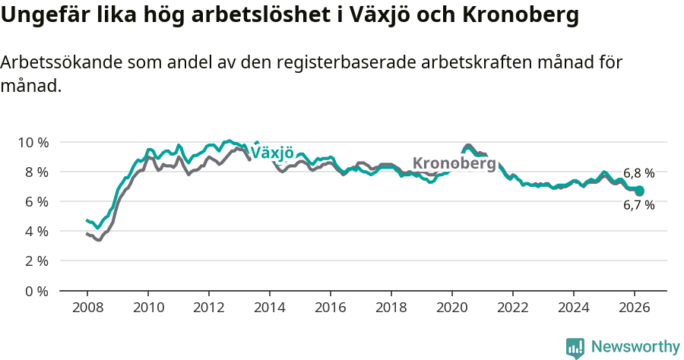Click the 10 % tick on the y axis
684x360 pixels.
(x=33, y=142)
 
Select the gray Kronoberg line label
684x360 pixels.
(x=454, y=163)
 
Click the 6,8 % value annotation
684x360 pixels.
(x=638, y=173)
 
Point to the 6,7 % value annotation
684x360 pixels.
(x=638, y=205)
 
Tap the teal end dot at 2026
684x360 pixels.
(x=639, y=191)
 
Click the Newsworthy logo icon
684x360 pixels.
(x=575, y=348)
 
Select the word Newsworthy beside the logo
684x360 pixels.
(x=635, y=347)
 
